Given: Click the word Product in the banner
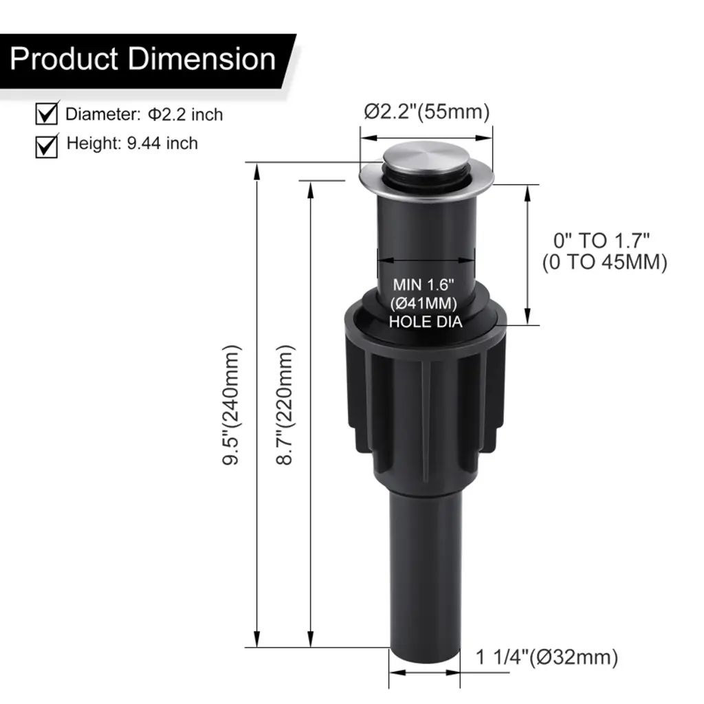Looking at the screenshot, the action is point(64,59).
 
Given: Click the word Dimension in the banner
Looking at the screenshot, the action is point(202,59).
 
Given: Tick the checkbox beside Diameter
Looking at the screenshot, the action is point(47,113).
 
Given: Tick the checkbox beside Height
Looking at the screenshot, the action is point(47,146).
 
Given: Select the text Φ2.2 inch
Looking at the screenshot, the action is point(186,115).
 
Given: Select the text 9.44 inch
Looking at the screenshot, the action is point(162,143).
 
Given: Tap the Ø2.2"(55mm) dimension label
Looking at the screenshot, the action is point(426,112).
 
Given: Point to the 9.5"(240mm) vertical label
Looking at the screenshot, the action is point(232,405).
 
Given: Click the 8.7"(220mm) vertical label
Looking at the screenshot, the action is point(284,405).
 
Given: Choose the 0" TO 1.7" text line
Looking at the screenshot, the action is point(602,241).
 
